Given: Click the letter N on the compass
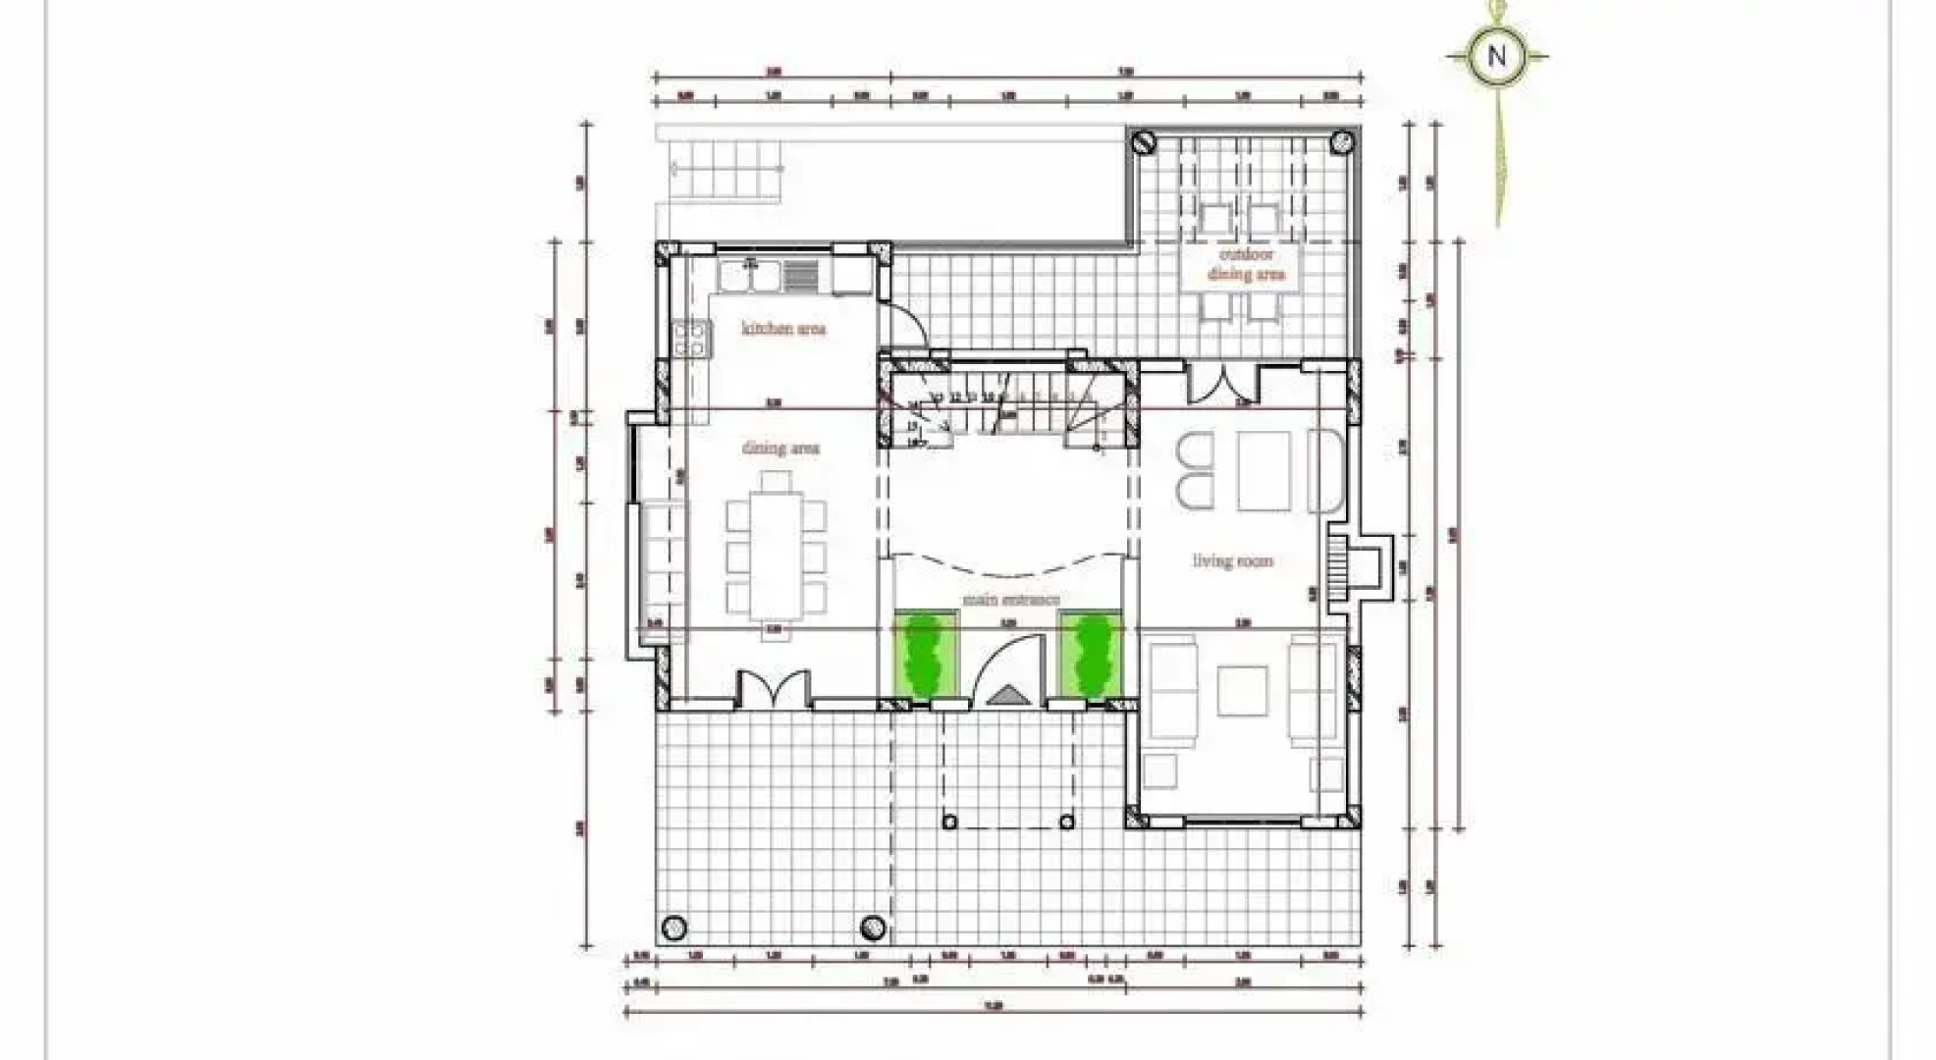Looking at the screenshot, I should (x=1496, y=56).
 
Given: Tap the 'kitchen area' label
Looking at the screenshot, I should (x=782, y=329).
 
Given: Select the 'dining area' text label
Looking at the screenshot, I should (x=780, y=449).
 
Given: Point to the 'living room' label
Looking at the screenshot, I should (x=1232, y=561).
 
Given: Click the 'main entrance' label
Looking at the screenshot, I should (x=1010, y=599).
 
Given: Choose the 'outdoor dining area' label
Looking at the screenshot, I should (x=1245, y=264).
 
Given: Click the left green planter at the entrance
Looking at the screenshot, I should (x=924, y=656).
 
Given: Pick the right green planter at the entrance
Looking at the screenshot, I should (x=1089, y=656).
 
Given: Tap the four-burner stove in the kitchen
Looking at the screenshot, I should (x=690, y=340).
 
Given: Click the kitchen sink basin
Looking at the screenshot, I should (x=749, y=276).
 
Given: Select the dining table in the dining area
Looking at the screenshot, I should (x=776, y=556).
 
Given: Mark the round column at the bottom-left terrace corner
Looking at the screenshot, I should (x=673, y=927).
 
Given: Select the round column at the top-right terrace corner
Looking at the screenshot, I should (x=1341, y=142).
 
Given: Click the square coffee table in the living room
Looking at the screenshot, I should (x=1242, y=691).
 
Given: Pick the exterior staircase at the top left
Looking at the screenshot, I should (x=724, y=169).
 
